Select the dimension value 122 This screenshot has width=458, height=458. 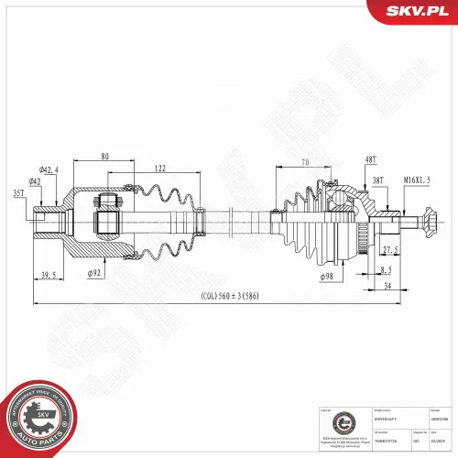tap(159, 169)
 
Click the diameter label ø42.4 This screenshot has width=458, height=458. tap(49, 169)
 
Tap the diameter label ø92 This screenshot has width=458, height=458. tap(93, 273)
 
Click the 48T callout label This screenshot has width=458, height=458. tap(370, 160)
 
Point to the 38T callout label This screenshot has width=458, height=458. tap(377, 181)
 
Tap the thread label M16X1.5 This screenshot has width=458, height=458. tap(418, 181)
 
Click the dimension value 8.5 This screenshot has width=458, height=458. tap(386, 269)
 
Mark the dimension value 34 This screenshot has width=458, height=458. tap(388, 285)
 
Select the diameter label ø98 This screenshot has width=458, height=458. tap(327, 277)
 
